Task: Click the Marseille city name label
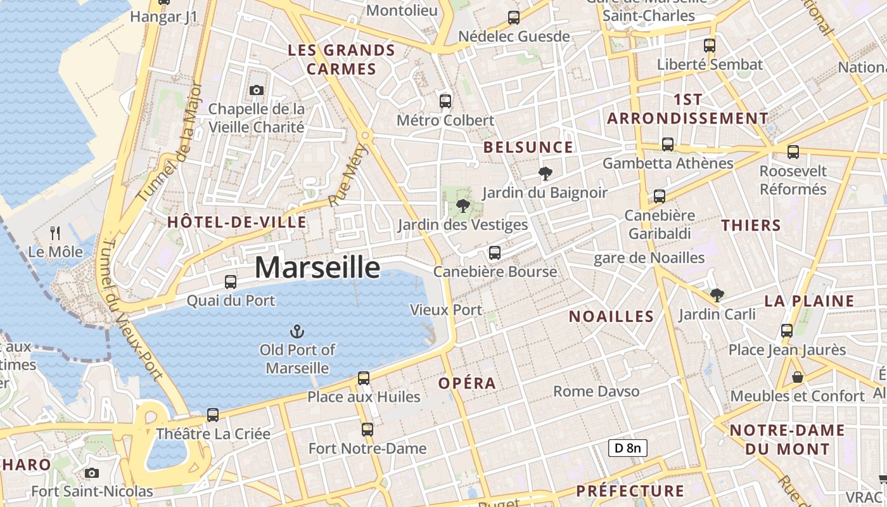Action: (x=317, y=267)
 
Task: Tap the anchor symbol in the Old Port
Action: (x=297, y=331)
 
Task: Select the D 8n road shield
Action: (x=628, y=448)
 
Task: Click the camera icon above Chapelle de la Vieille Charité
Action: (x=256, y=91)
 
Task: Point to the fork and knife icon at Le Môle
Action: (x=55, y=233)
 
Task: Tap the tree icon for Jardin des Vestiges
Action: (x=463, y=205)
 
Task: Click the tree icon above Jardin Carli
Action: (x=717, y=295)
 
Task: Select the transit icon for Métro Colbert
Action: (x=445, y=101)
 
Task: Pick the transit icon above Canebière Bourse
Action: (x=495, y=253)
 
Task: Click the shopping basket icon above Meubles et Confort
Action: (x=797, y=377)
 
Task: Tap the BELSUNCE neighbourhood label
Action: (x=528, y=148)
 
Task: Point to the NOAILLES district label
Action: (x=611, y=317)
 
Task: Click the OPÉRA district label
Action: (x=467, y=383)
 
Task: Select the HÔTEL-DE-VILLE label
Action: (x=237, y=222)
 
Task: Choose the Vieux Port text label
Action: (x=446, y=310)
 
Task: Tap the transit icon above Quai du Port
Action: (x=231, y=282)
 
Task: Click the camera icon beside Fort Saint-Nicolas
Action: (x=92, y=473)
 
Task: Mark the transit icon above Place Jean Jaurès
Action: (x=787, y=331)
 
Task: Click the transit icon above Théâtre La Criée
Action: (x=213, y=415)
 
